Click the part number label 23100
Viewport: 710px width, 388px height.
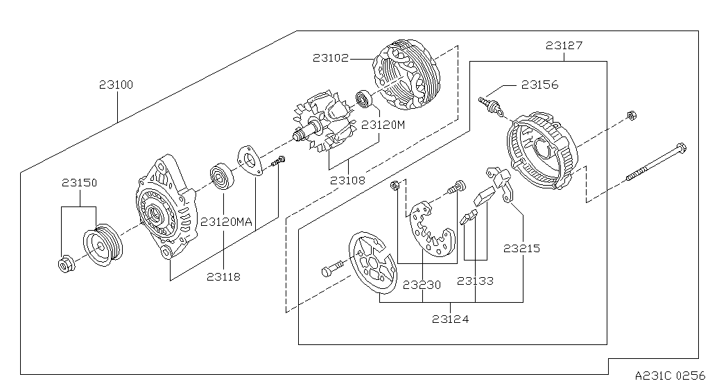[x=116, y=85]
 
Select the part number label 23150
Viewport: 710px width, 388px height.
[x=79, y=184]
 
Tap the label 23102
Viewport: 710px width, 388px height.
[x=330, y=59]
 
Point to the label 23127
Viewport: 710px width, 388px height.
[x=564, y=46]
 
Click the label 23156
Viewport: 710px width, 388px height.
[x=540, y=85]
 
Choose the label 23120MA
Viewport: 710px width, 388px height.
[x=227, y=222]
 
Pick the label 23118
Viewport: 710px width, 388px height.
[x=223, y=276]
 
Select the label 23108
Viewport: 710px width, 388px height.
[x=348, y=181]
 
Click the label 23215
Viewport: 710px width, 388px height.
[x=522, y=248]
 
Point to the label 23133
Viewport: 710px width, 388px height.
[x=475, y=281]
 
